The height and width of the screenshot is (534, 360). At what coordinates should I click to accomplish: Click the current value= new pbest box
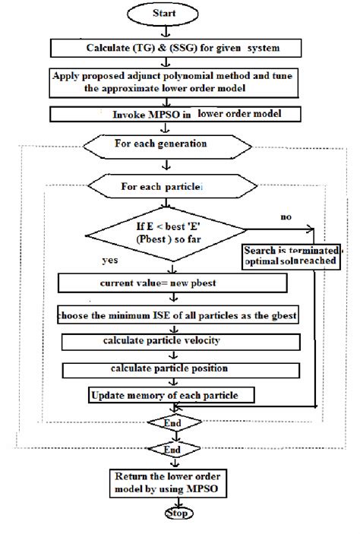tap(173, 283)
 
